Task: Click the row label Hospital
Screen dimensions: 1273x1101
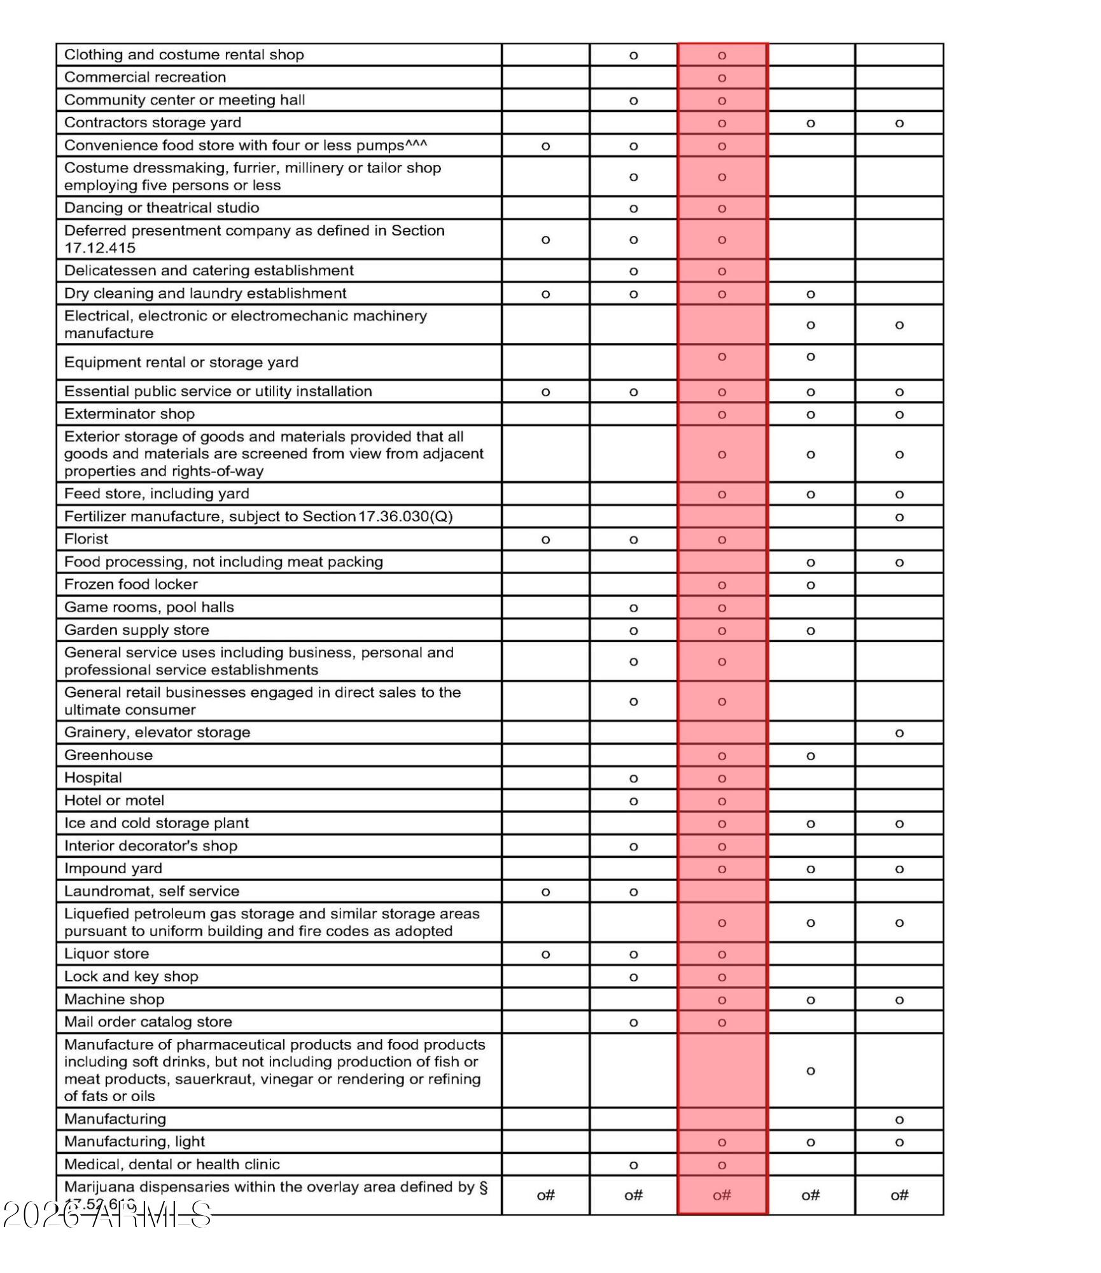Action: [x=93, y=778]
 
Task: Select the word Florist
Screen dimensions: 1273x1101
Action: [x=86, y=539]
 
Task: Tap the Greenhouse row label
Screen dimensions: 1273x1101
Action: [x=108, y=755]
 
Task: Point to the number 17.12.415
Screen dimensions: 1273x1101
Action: [x=100, y=248]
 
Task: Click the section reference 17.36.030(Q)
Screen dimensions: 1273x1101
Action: [x=405, y=516]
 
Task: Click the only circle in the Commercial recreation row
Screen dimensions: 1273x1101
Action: [x=722, y=78]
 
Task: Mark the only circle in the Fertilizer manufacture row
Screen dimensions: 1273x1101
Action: [x=899, y=517]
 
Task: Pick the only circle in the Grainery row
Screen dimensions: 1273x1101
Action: [x=899, y=733]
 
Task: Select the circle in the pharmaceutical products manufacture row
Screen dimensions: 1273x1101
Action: [x=810, y=1071]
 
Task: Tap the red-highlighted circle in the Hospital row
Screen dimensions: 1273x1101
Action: [x=722, y=778]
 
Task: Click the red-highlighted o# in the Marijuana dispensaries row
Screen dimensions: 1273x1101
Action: [x=722, y=1195]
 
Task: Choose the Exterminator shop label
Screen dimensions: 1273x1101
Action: [x=129, y=414]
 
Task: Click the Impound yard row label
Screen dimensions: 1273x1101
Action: [x=113, y=868]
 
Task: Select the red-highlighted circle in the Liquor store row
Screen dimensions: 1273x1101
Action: [x=722, y=954]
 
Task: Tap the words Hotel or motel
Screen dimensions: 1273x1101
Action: [x=114, y=800]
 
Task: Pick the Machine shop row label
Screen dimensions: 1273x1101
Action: [x=114, y=999]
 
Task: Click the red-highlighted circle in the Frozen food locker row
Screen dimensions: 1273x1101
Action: [x=722, y=585]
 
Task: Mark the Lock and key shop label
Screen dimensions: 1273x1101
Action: [x=131, y=976]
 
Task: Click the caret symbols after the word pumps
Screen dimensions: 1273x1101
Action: [x=416, y=143]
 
